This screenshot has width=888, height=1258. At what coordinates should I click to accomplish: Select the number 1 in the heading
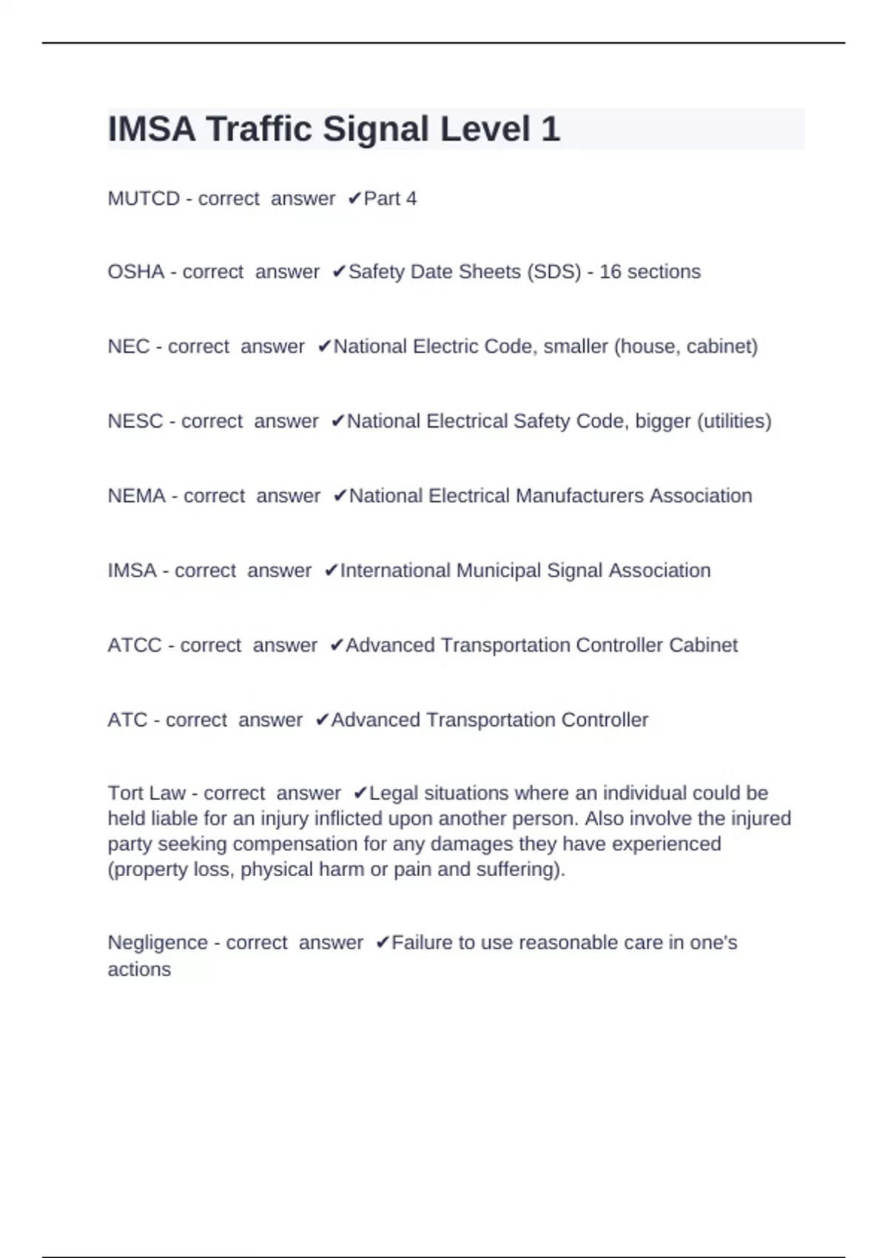(x=551, y=129)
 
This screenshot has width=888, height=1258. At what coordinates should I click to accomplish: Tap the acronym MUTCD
(x=144, y=199)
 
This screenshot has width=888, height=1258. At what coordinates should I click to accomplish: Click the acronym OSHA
(x=136, y=272)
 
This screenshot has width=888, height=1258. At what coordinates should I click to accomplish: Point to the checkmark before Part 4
(x=354, y=198)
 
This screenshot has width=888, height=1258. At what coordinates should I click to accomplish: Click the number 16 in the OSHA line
(x=610, y=272)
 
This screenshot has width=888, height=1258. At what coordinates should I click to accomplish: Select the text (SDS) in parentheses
(x=554, y=272)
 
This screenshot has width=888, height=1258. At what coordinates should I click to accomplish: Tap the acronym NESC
(x=135, y=421)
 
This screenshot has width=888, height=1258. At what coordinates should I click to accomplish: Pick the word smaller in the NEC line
(x=576, y=346)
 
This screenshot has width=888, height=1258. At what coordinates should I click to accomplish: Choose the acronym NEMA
(x=137, y=496)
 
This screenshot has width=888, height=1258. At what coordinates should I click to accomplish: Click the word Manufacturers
(x=579, y=496)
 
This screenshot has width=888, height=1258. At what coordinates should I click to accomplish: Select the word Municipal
(x=499, y=571)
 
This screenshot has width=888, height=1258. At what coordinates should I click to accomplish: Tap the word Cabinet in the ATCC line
(x=703, y=645)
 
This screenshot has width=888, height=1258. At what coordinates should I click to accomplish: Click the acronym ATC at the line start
(x=127, y=720)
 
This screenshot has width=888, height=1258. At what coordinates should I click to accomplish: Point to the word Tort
(x=124, y=793)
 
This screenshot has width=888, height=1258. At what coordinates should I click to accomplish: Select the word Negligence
(x=158, y=943)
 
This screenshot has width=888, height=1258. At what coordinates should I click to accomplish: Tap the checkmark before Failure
(x=383, y=943)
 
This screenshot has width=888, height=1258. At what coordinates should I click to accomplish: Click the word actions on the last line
(x=139, y=969)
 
